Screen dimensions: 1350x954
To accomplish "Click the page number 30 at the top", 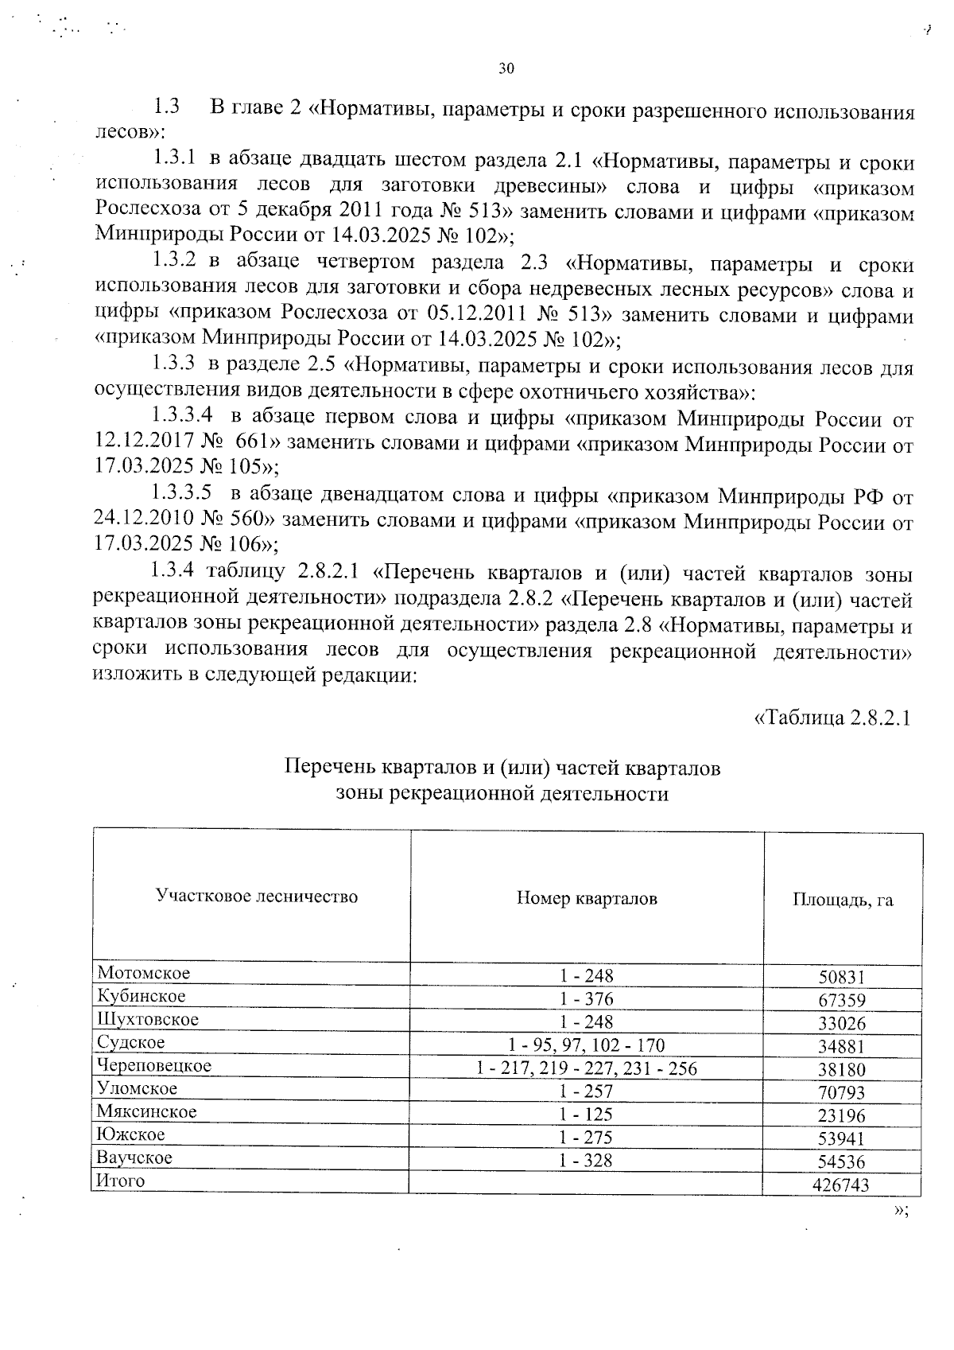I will (x=506, y=68).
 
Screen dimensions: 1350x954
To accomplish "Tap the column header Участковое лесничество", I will (x=257, y=897).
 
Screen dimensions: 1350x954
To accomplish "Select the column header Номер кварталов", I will (x=587, y=899).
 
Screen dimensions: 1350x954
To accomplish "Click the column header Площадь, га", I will (x=843, y=900).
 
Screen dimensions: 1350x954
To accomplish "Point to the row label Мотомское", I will (x=144, y=972).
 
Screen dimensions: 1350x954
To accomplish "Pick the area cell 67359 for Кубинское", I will (x=841, y=1001).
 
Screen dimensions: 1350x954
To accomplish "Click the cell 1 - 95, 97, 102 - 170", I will (x=587, y=1045).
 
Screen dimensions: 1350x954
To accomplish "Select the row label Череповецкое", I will (x=154, y=1065).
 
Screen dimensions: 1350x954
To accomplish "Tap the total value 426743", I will (x=841, y=1185).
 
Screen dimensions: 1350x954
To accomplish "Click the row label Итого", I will (x=120, y=1181).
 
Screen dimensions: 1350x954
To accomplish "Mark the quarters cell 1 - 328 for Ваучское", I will (x=587, y=1161).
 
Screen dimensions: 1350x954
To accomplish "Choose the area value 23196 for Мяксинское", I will (x=841, y=1116).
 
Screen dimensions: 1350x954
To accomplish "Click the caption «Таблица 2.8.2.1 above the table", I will (x=831, y=718).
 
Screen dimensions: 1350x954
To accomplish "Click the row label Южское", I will (x=130, y=1134).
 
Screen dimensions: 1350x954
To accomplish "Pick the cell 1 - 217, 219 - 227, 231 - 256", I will (x=587, y=1068).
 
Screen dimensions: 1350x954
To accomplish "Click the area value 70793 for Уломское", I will (x=841, y=1093).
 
